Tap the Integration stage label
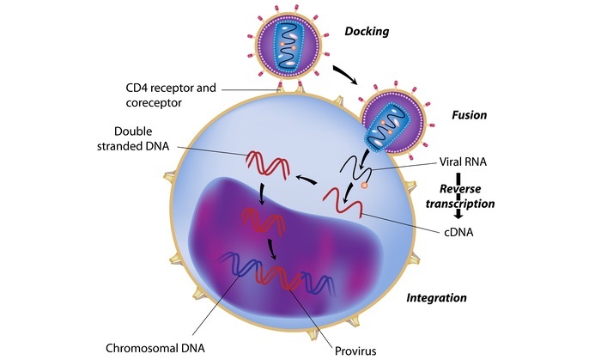(x=436, y=298)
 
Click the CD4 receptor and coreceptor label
(x=168, y=95)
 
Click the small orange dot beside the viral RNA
(x=366, y=185)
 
